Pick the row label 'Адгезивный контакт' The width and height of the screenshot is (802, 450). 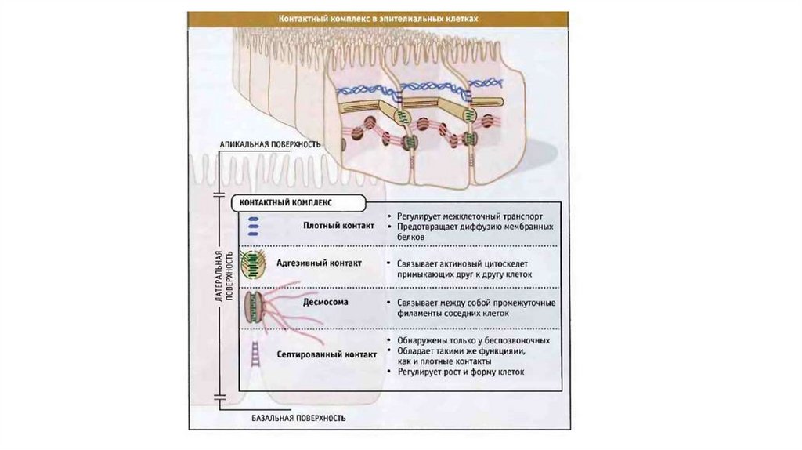tap(320, 263)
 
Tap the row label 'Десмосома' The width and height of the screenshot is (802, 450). tap(324, 300)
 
